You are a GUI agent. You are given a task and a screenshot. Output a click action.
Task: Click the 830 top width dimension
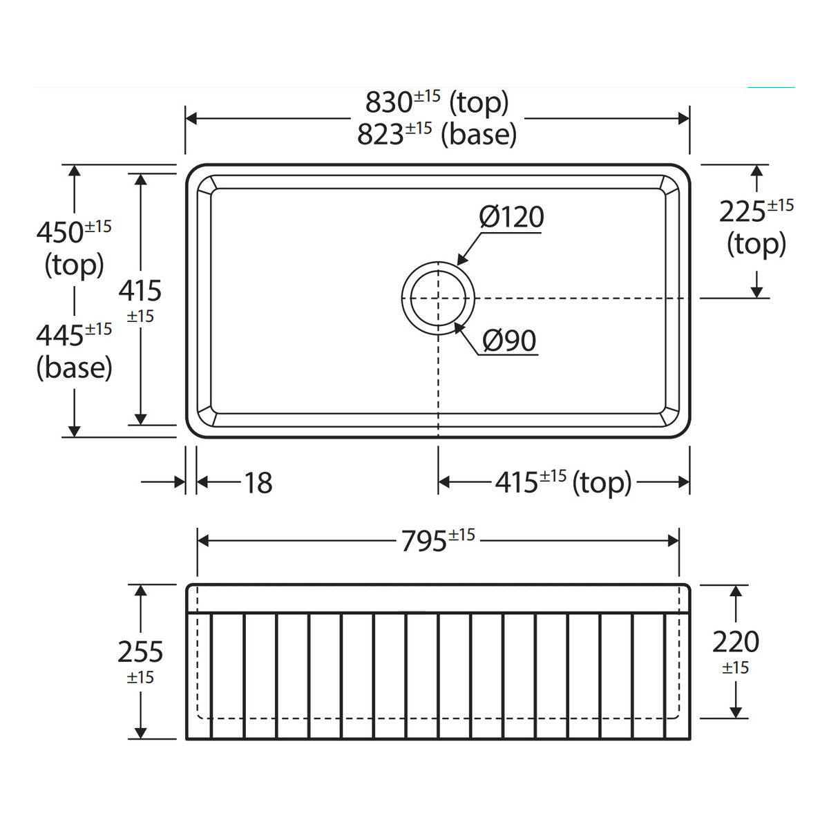pyautogui.click(x=388, y=103)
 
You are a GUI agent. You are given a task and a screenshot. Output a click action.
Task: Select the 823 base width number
pyautogui.click(x=380, y=135)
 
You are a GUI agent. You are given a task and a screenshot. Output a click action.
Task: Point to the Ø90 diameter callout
pyautogui.click(x=509, y=341)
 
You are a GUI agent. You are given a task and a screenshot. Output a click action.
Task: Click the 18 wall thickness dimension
pyautogui.click(x=258, y=483)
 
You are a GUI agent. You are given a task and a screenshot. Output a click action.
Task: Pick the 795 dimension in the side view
pyautogui.click(x=423, y=541)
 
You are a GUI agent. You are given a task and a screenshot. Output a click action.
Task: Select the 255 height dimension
pyautogui.click(x=140, y=651)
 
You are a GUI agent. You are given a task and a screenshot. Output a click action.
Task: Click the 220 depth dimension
pyautogui.click(x=736, y=642)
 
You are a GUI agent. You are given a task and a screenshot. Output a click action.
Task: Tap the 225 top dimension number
pyautogui.click(x=743, y=212)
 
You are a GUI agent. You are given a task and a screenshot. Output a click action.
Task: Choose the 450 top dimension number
pyautogui.click(x=60, y=233)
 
